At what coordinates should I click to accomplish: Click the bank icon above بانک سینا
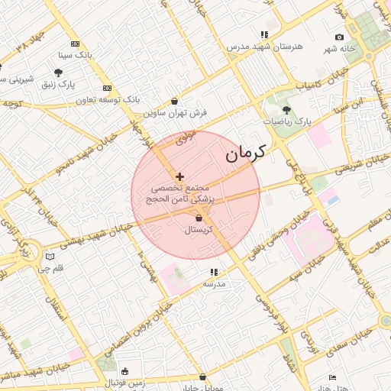74,44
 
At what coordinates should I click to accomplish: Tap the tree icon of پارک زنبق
59,73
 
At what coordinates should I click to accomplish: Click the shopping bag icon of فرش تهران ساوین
175,101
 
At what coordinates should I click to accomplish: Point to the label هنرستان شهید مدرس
264,47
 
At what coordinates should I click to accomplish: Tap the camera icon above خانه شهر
339,37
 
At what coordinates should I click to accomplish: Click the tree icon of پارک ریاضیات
287,110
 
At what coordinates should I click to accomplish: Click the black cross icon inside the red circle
179,176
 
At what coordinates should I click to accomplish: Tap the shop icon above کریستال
199,218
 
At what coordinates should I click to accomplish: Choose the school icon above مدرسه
214,272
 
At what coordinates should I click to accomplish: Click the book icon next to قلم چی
50,257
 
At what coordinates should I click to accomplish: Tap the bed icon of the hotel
332,377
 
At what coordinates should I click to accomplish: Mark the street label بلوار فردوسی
260,308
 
